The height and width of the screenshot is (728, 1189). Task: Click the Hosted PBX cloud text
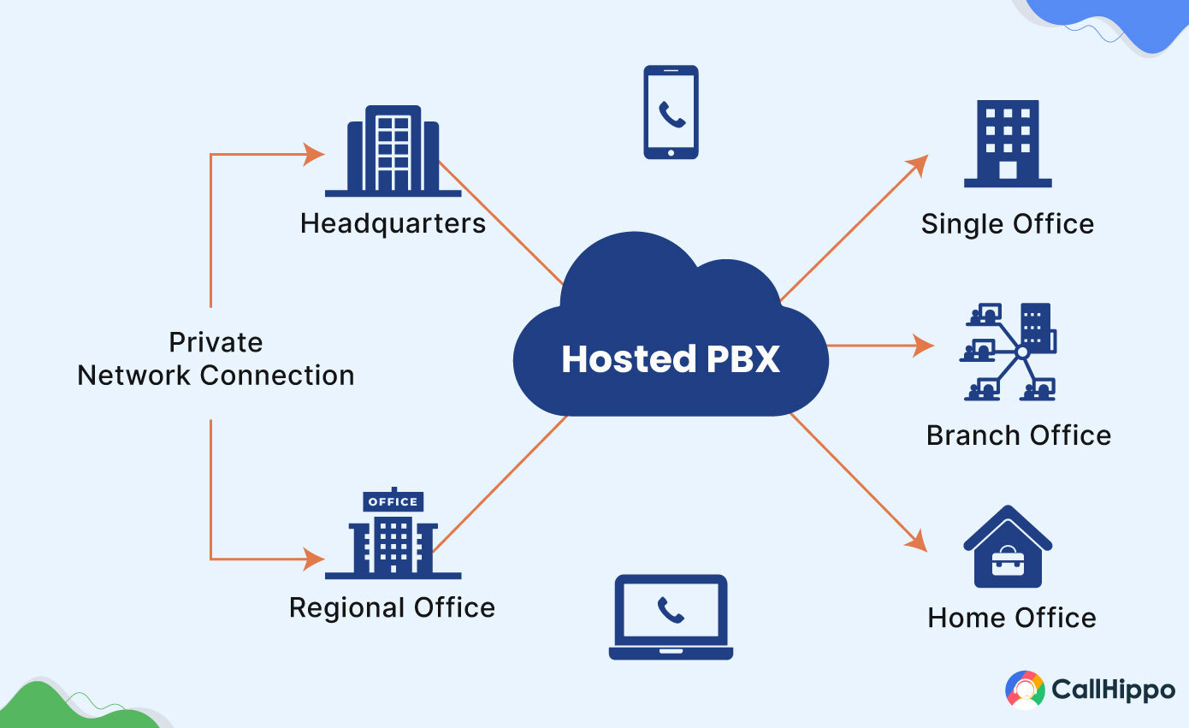[671, 359]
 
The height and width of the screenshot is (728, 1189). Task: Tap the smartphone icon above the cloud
[671, 112]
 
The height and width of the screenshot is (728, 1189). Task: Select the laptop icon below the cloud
[671, 616]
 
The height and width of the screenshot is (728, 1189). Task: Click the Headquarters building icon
[393, 151]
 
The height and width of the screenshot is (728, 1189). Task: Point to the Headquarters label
[393, 224]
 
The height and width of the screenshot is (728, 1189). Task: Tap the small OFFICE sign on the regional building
[393, 501]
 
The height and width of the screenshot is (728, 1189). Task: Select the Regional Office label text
[392, 608]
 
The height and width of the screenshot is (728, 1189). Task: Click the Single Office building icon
[1008, 144]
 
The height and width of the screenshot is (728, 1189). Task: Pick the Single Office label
[1007, 225]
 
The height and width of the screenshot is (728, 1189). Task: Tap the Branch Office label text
[1018, 435]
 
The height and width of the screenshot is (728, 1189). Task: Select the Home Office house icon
[1008, 547]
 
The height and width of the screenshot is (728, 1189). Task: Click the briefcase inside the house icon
[1008, 562]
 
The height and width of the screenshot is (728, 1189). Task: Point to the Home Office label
[1011, 618]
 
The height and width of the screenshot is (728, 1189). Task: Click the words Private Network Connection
[216, 359]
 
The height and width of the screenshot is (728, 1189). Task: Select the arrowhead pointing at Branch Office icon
[925, 346]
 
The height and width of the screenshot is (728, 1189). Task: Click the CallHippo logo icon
[1025, 690]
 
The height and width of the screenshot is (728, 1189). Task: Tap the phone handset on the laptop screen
[671, 609]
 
